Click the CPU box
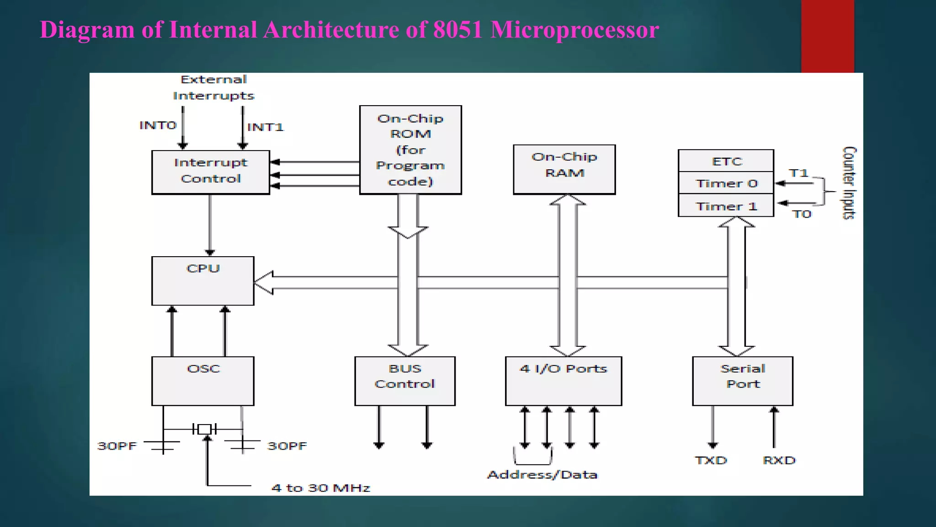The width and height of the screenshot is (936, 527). [x=202, y=280]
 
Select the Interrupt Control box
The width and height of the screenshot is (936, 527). [x=211, y=172]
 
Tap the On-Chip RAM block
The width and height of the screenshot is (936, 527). [x=564, y=169]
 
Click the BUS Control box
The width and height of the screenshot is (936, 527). [x=405, y=381]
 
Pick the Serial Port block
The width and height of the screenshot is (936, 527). [x=743, y=381]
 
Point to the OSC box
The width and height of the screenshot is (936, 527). [x=202, y=381]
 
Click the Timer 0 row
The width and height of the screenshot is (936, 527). [x=726, y=183]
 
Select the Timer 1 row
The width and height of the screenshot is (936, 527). [x=726, y=206]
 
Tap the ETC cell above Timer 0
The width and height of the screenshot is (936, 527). [x=726, y=161]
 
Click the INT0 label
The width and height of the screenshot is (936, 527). [x=158, y=125]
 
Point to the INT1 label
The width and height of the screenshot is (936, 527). [x=265, y=127]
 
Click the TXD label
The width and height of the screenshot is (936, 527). [x=711, y=460]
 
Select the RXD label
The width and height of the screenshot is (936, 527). [x=779, y=460]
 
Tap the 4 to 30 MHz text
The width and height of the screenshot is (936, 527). [x=320, y=488]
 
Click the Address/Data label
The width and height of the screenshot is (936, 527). [x=542, y=475]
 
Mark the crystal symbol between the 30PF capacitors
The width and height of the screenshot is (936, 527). [x=204, y=429]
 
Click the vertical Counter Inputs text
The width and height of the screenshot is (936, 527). [x=849, y=183]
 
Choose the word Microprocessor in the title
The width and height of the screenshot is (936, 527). [x=574, y=30]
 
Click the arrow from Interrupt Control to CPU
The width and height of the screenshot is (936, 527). [x=210, y=224]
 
